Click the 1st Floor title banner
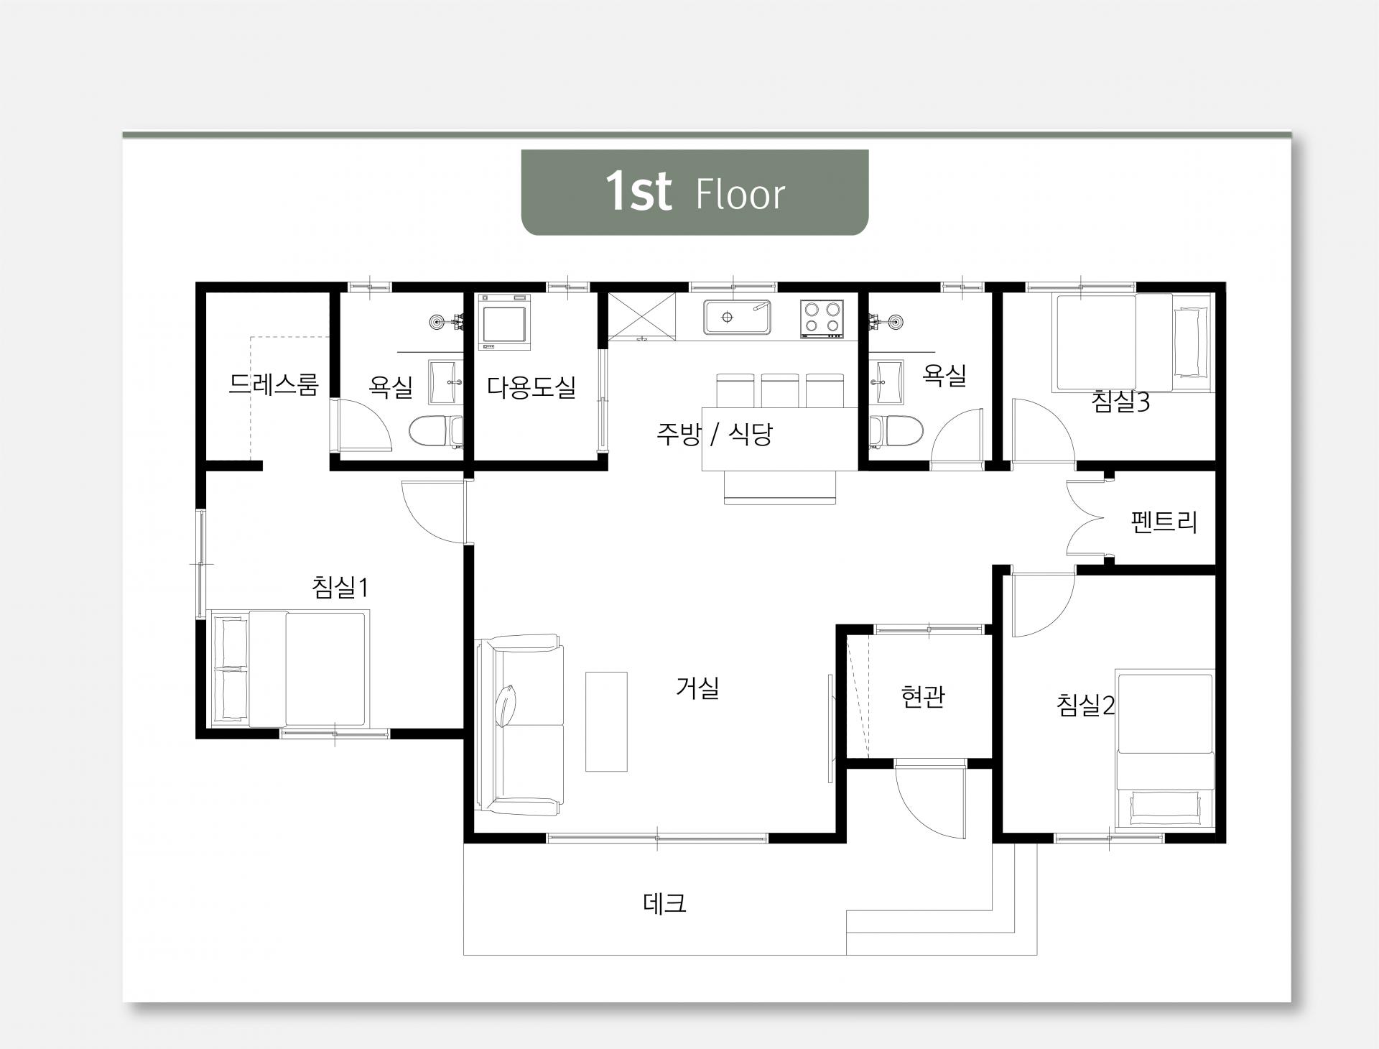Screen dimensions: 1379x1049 pos(695,192)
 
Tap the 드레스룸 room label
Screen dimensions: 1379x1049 pos(273,385)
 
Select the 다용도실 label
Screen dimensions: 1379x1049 pos(531,387)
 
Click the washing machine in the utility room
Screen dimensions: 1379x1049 pos(506,322)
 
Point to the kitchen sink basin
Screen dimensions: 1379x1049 pos(737,317)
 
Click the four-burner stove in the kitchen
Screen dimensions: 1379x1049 pos(822,318)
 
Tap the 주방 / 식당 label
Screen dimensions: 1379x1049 pos(715,434)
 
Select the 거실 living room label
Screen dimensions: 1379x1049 pos(697,688)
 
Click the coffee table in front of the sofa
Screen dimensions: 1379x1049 pos(606,721)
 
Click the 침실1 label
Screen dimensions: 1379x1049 pos(340,587)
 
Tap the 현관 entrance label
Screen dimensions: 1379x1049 pos(923,696)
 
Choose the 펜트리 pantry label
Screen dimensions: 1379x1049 pos(1164,522)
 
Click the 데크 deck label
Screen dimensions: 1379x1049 pos(664,903)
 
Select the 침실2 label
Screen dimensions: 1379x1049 pos(1085,705)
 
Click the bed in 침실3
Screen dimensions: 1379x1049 pos(1133,343)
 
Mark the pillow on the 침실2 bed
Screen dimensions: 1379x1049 pos(1164,808)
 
